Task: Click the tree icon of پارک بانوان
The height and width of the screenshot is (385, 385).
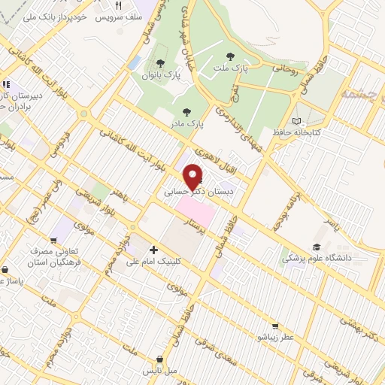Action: (x=159, y=63)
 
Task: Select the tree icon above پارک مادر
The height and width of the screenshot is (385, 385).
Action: (x=186, y=112)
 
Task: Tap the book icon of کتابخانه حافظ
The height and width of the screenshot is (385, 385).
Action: (x=296, y=120)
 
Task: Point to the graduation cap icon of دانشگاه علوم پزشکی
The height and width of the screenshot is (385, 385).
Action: (x=317, y=247)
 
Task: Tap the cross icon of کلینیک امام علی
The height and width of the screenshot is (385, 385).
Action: (x=154, y=249)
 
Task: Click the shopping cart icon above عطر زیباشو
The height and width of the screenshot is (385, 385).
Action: (x=275, y=326)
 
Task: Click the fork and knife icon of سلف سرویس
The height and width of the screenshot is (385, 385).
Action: (x=119, y=5)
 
